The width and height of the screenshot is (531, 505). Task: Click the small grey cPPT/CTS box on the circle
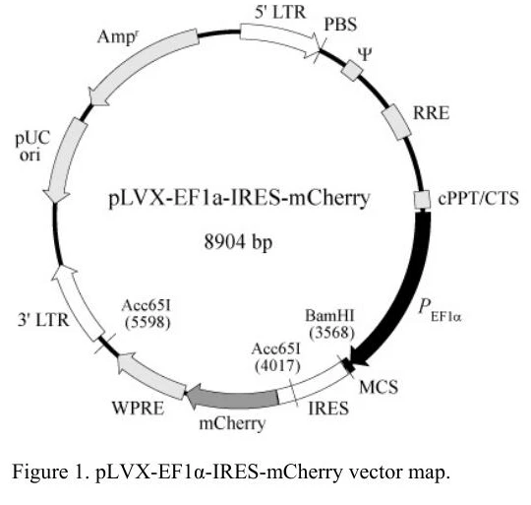[x=423, y=200]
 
